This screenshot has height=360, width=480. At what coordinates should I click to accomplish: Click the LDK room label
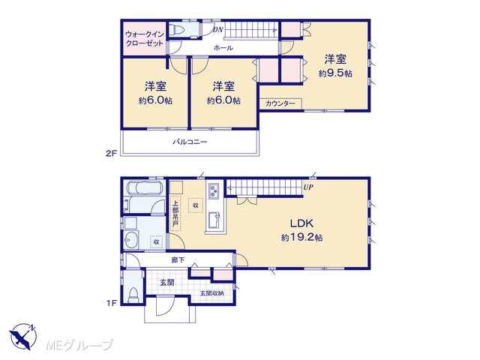tap(301, 223)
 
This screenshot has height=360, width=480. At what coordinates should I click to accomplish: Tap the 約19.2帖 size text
tap(301, 238)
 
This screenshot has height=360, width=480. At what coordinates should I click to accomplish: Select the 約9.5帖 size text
tap(335, 73)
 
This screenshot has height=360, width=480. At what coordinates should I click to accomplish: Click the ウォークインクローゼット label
tap(145, 38)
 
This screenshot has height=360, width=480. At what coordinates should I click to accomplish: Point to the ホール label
tap(223, 48)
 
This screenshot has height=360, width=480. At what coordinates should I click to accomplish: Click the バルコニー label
tap(190, 142)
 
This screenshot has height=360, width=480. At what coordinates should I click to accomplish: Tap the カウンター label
tap(280, 103)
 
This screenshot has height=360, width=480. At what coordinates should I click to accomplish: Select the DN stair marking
tap(218, 30)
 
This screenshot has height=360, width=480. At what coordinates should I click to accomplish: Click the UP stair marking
tap(308, 187)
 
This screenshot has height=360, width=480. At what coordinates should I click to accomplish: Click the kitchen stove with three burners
tap(213, 191)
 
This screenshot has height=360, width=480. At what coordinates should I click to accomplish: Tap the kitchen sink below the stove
tap(214, 220)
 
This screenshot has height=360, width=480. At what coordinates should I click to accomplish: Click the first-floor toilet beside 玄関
tap(133, 295)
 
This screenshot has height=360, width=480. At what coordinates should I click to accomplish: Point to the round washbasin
tap(132, 239)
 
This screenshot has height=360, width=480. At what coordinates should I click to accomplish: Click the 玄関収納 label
tap(211, 293)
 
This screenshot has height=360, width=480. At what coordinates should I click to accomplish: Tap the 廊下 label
tap(178, 260)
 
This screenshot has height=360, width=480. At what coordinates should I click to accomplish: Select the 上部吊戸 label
tap(175, 214)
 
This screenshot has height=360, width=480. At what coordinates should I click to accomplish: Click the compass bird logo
tap(22, 337)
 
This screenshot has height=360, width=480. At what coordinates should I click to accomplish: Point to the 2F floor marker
tap(112, 154)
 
